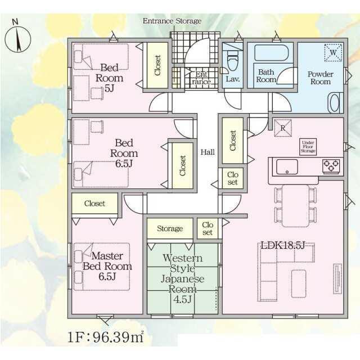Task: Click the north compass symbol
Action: [17, 38]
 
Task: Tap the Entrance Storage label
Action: [172, 21]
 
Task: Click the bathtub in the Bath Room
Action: [271, 53]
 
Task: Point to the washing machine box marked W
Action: [333, 52]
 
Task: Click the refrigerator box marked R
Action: [283, 128]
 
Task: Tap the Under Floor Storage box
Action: [308, 146]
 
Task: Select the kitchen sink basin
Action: [287, 167]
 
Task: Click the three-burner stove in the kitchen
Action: [331, 166]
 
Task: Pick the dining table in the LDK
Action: [296, 206]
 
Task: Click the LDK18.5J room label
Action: [283, 245]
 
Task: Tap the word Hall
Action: [208, 152]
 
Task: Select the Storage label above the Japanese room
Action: [170, 228]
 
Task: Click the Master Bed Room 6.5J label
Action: [107, 266]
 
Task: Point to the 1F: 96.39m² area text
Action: [106, 337]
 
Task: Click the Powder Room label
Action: [321, 78]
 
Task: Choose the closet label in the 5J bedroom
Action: [157, 65]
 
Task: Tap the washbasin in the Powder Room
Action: [335, 102]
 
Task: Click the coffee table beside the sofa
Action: [299, 283]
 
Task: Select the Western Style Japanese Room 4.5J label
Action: [182, 278]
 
